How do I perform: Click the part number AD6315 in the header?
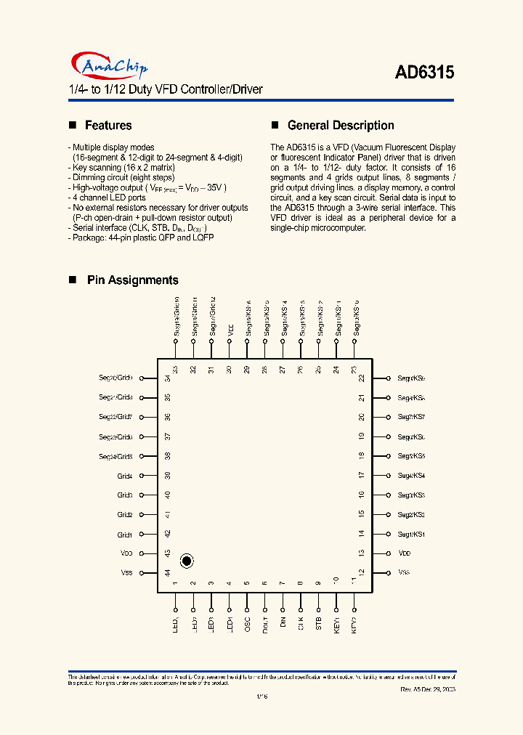tap(424, 73)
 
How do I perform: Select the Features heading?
tap(108, 126)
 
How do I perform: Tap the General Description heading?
tap(341, 126)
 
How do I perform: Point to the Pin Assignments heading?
tap(132, 280)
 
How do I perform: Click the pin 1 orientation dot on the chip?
tap(187, 560)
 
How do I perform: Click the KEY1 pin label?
tap(336, 625)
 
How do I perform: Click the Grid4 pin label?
tap(125, 476)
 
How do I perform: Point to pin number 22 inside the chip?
tap(361, 378)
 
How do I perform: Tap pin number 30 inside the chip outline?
tap(229, 369)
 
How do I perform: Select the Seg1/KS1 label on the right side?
tap(411, 535)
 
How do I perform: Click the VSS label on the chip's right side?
tap(404, 572)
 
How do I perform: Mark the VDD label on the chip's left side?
tap(126, 553)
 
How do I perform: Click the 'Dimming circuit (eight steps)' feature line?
tap(121, 177)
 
